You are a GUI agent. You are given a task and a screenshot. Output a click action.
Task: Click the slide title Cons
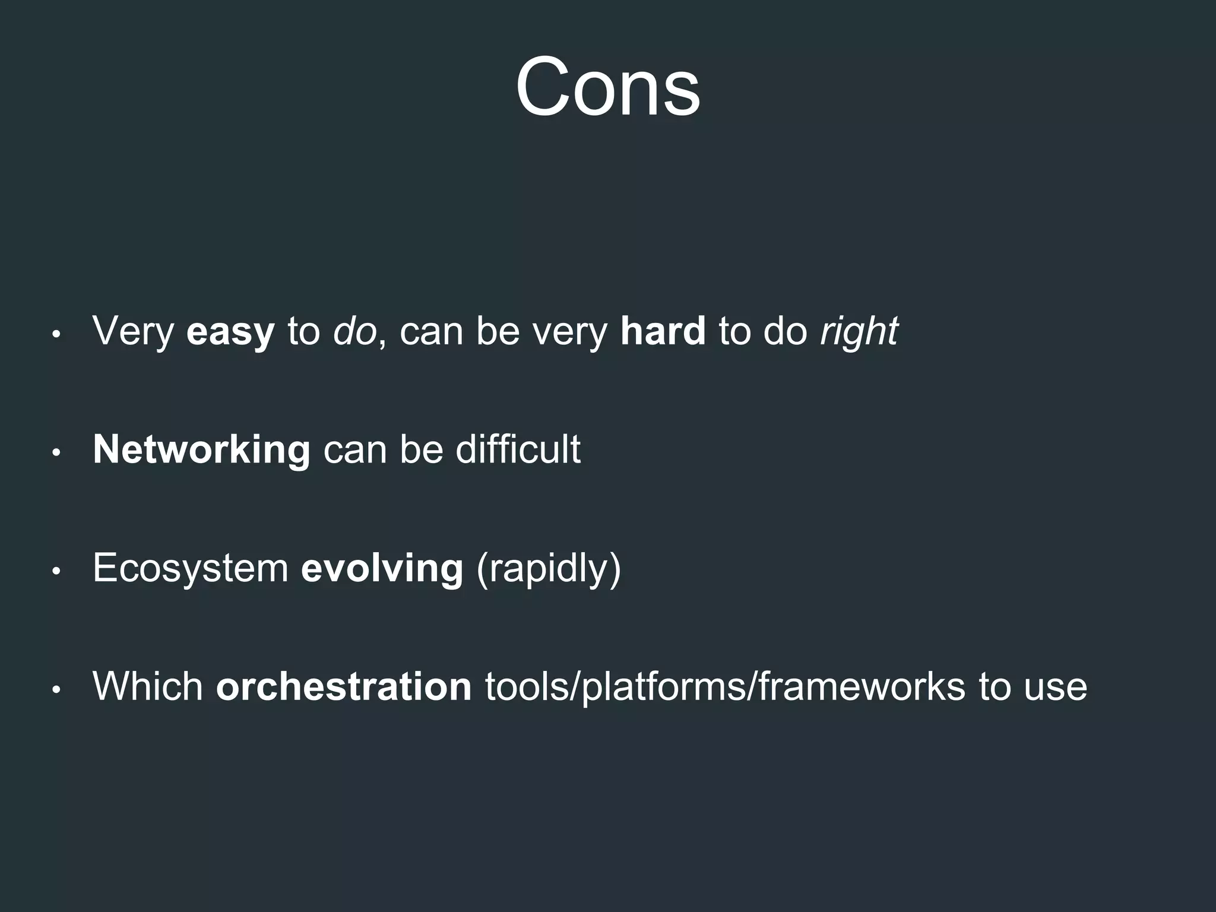607,88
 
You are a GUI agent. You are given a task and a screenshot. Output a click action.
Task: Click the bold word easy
230,331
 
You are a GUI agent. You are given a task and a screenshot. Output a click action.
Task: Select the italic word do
354,331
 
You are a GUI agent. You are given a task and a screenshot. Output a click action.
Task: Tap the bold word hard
663,331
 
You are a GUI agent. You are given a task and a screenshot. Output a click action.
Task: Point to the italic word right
859,331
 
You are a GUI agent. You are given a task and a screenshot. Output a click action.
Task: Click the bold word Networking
201,449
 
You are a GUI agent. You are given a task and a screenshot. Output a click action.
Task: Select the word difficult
518,449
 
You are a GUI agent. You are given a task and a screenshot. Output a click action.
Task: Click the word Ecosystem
191,568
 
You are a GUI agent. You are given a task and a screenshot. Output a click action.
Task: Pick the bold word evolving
382,568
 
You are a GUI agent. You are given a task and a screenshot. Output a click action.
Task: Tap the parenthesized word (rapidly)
548,568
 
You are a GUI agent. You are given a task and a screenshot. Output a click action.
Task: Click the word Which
148,686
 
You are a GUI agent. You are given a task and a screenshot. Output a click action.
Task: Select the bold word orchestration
344,686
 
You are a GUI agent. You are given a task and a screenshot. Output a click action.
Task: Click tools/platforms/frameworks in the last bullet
725,686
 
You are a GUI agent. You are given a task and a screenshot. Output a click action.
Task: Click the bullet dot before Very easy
56,334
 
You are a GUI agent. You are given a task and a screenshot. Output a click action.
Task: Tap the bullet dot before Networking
56,453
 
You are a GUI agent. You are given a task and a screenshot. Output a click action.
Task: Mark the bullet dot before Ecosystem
56,571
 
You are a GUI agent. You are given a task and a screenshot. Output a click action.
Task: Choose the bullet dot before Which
56,690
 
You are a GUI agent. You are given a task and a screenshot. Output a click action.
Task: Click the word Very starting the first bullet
133,331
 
